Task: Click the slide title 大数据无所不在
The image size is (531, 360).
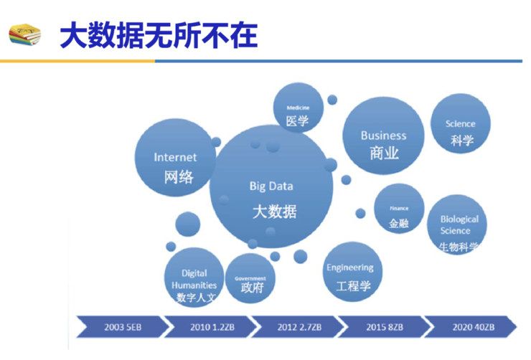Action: tap(158, 34)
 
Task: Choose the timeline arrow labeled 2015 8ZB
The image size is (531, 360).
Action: tap(383, 326)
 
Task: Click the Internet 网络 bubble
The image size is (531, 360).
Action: tap(175, 158)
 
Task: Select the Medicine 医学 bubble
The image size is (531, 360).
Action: tap(298, 111)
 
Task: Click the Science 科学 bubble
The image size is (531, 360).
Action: tap(460, 125)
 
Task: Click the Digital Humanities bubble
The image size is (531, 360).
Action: tap(194, 278)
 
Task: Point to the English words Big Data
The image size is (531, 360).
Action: tap(271, 186)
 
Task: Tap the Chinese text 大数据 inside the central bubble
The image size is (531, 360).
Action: tap(274, 212)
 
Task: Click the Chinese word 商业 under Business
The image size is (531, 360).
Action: tap(384, 153)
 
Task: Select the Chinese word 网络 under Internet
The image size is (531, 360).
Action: tap(178, 176)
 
